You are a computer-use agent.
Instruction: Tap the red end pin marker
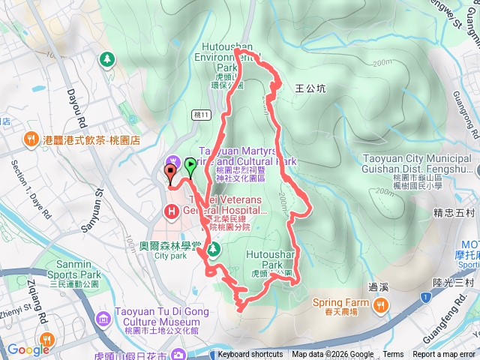(x=169, y=173)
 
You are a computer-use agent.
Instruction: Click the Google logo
(x=28, y=349)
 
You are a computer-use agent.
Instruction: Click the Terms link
(x=393, y=355)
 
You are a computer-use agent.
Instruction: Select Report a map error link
(x=444, y=355)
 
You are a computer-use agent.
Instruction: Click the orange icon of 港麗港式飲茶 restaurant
(x=31, y=139)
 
